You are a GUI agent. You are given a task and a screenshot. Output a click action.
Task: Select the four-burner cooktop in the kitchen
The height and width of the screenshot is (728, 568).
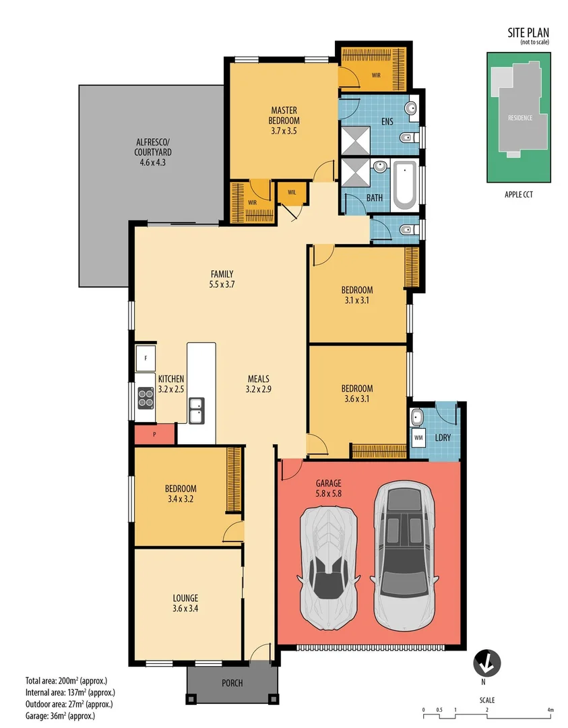click(x=146, y=398)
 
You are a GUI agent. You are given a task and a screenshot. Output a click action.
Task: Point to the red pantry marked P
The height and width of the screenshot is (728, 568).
click(x=154, y=434)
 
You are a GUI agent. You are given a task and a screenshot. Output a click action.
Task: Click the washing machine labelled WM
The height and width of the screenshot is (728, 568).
click(x=418, y=437)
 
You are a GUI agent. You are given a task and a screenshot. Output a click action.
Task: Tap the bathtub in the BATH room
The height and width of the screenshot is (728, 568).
click(x=404, y=184)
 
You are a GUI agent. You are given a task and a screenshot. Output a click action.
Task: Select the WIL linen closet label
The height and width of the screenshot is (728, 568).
click(x=292, y=191)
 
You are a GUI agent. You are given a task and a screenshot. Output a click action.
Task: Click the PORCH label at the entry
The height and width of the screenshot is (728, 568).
click(x=232, y=683)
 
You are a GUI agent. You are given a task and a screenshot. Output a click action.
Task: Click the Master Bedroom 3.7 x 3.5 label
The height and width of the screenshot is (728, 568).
click(x=284, y=121)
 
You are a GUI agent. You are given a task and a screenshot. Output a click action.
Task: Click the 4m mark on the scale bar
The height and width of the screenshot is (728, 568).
click(x=550, y=710)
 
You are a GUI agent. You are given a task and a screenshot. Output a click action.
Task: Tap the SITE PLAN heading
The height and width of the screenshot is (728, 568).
click(x=528, y=32)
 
